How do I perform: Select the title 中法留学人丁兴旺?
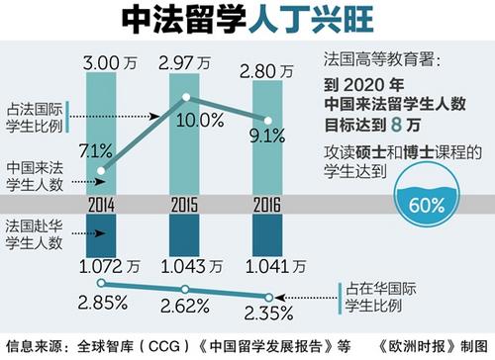(x=247, y=19)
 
